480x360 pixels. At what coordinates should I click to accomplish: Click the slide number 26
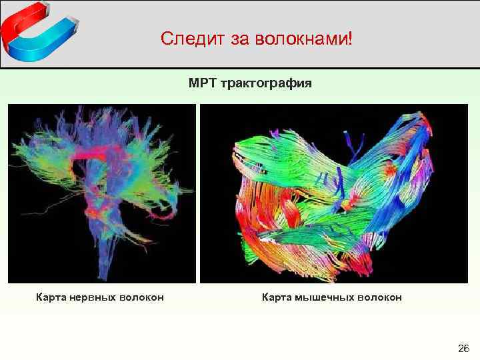464,348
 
